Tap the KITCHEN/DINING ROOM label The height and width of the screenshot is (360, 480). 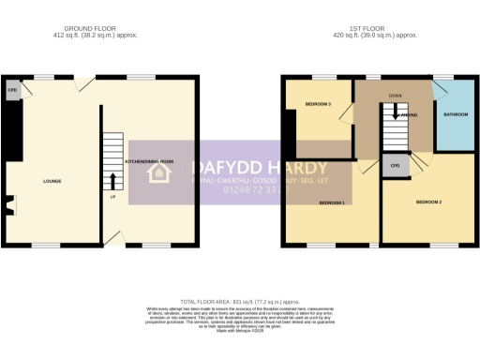[x=149, y=161]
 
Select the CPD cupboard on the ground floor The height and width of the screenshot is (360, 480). [x=13, y=91]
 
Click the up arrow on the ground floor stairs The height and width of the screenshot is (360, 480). [x=114, y=178]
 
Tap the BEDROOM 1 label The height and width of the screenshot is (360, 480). [x=332, y=202]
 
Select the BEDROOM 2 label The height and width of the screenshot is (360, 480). [x=428, y=202]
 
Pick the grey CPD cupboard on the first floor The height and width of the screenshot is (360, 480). [x=395, y=166]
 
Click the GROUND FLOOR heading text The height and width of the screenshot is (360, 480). [x=98, y=30]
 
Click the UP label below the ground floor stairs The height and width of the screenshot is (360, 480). [x=113, y=197]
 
